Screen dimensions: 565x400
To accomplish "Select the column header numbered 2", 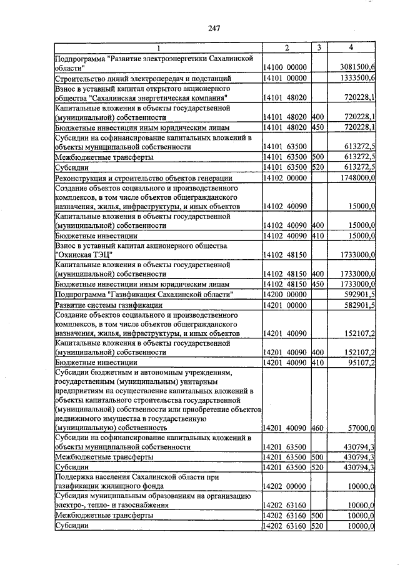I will [286, 48].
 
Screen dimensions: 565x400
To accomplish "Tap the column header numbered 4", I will [351, 48].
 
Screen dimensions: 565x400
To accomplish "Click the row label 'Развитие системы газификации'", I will [109, 305].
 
